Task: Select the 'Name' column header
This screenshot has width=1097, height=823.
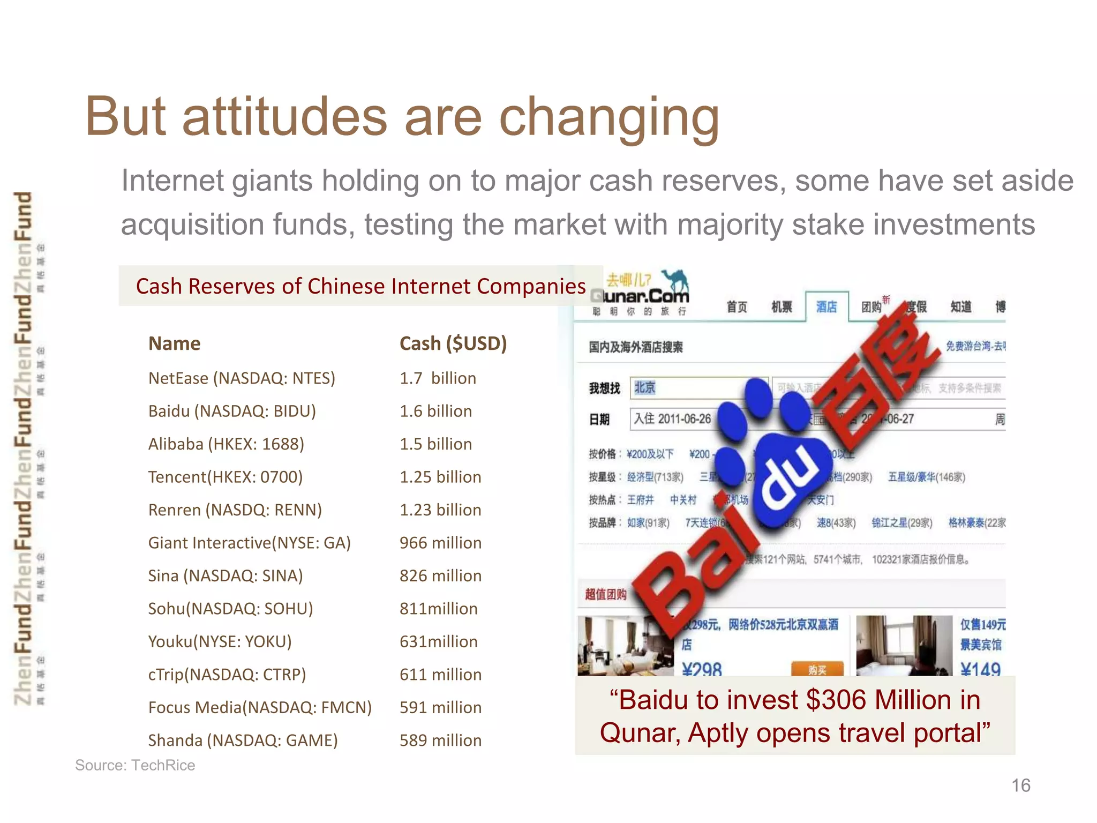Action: pos(174,343)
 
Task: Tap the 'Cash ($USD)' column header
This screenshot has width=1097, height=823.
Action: pos(453,343)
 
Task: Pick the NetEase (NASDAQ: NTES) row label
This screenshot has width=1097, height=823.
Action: pos(242,378)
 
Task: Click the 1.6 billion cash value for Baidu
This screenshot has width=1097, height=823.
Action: pos(435,411)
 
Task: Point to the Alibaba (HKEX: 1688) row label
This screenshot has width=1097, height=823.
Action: pos(226,444)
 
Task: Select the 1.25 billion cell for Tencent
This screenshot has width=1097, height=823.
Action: pos(440,477)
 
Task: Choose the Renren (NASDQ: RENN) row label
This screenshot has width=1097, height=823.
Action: pos(235,510)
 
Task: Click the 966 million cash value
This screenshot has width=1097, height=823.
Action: pos(440,543)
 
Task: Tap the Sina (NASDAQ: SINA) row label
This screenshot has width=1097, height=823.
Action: pos(226,576)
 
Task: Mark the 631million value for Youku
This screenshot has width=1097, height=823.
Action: pos(438,641)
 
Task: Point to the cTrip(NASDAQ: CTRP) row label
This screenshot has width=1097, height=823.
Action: pos(227,675)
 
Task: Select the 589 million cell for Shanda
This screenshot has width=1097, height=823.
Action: pos(440,740)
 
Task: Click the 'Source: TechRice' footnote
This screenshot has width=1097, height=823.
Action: pos(135,765)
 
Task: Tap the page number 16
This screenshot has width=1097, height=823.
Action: pos(1020,785)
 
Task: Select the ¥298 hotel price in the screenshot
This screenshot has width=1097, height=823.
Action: pos(702,669)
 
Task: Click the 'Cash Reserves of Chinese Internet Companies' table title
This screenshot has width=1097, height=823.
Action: pos(360,286)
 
